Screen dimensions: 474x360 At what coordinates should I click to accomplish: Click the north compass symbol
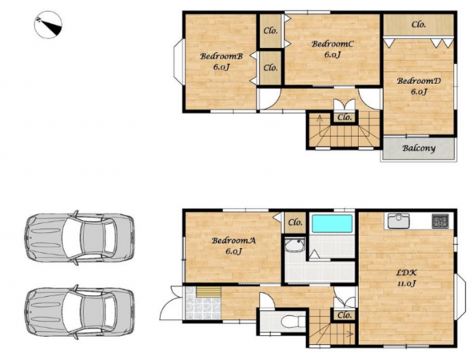point(48,25)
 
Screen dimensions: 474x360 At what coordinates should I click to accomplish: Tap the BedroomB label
point(221,56)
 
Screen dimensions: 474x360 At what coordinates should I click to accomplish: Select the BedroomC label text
point(333,44)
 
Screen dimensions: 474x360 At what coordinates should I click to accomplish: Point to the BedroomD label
point(419,81)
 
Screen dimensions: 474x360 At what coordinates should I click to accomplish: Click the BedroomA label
point(233,241)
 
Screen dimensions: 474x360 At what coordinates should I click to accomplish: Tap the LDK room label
point(407,273)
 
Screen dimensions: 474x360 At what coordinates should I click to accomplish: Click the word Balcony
point(419,149)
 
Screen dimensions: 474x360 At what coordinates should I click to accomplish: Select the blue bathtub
point(332,223)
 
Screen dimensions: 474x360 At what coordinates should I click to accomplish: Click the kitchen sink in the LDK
point(399,221)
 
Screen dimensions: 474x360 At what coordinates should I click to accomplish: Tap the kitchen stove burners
point(440,221)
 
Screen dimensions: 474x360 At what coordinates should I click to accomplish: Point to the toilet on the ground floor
point(292,322)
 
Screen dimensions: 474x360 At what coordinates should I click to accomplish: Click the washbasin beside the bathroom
point(295,245)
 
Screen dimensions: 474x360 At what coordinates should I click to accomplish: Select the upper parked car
point(79,238)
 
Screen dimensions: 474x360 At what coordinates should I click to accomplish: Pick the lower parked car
point(79,311)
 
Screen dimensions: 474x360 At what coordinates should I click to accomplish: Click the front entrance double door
point(171,302)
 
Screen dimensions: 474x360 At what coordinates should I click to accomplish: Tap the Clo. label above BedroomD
point(419,25)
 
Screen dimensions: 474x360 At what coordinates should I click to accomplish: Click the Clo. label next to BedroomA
point(295,223)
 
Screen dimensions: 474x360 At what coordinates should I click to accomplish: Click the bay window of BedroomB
point(178,62)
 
